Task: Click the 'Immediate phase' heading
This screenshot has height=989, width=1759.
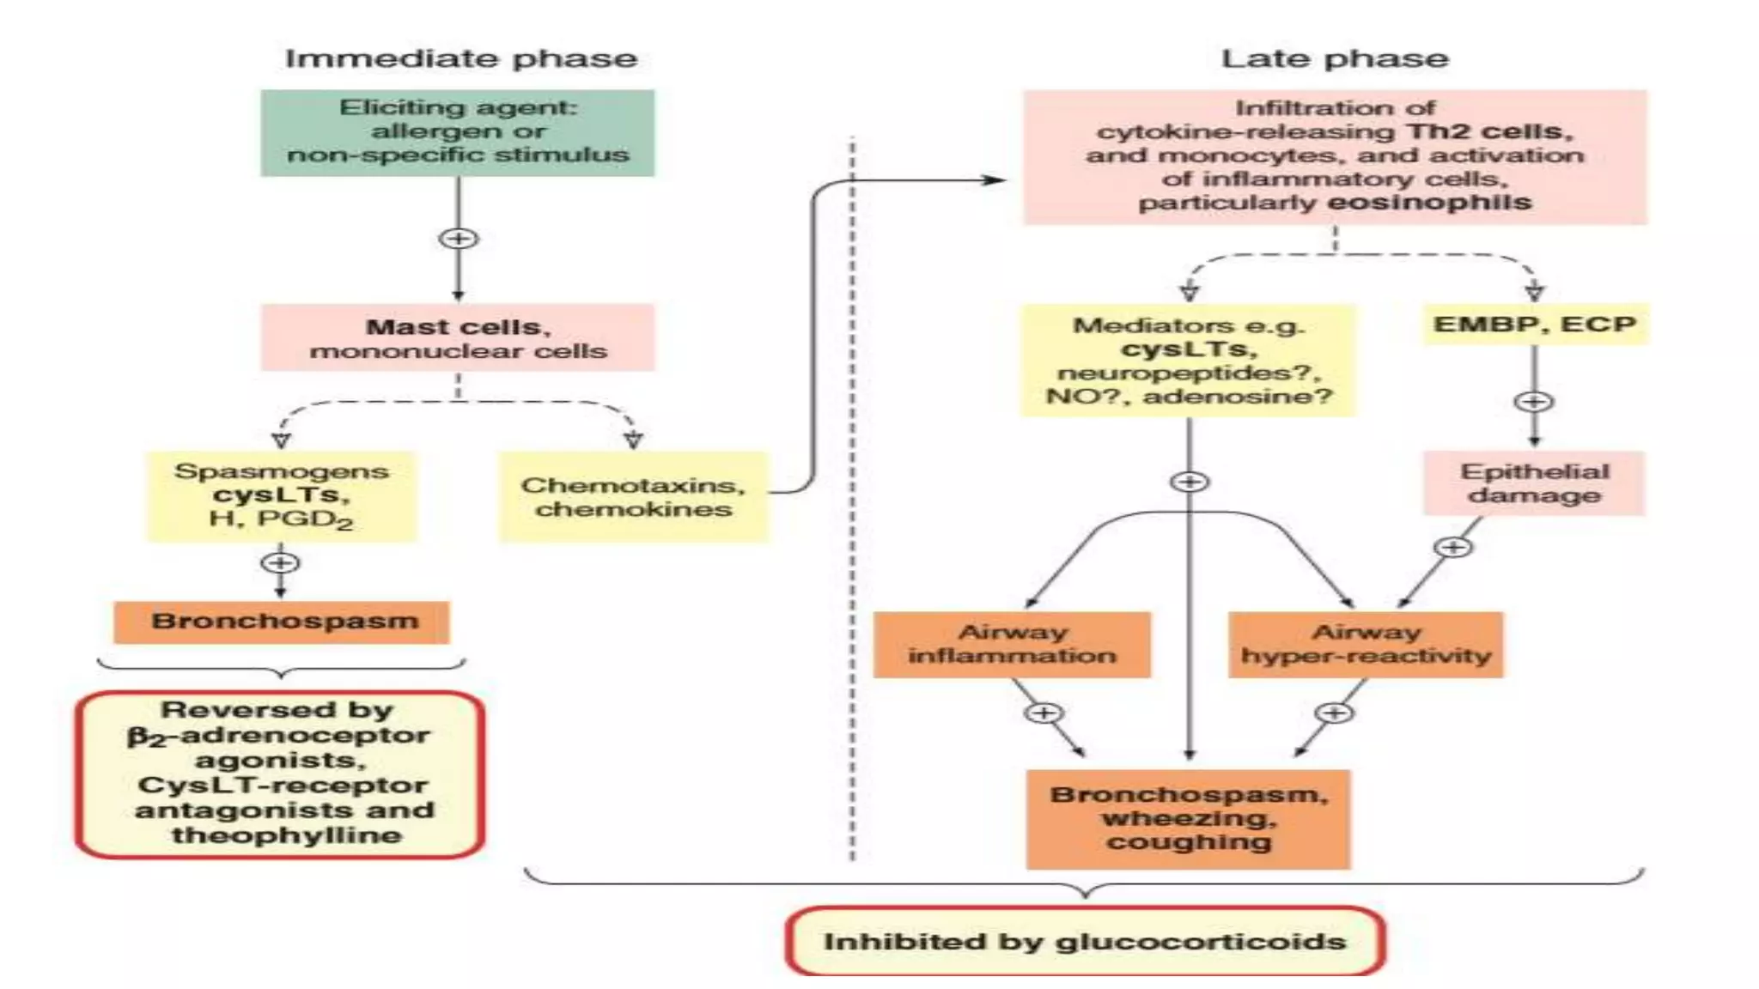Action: (x=461, y=58)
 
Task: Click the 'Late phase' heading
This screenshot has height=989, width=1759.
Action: (x=1334, y=58)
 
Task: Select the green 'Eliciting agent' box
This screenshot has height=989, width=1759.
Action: (x=458, y=133)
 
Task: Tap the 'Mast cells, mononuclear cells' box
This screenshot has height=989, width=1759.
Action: (x=458, y=338)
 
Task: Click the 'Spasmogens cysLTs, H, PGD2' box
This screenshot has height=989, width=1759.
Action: (x=282, y=496)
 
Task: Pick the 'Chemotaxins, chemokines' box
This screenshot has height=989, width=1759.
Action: (x=633, y=497)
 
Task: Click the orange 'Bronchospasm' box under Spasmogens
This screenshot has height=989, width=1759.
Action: (x=282, y=622)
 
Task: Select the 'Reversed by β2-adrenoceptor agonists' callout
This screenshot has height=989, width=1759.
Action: (x=281, y=773)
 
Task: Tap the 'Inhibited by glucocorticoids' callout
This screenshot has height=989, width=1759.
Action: (x=1085, y=941)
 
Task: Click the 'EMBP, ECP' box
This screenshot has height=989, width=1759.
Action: (x=1535, y=325)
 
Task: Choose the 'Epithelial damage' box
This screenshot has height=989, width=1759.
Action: (x=1534, y=483)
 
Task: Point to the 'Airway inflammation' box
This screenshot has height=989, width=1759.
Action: (x=1012, y=644)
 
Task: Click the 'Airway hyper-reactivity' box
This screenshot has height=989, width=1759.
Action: (x=1366, y=644)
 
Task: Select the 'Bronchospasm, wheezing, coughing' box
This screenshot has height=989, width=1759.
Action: (x=1189, y=818)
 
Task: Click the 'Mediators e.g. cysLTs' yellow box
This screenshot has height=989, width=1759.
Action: (x=1188, y=361)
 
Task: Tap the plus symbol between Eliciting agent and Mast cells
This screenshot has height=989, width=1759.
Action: (x=458, y=239)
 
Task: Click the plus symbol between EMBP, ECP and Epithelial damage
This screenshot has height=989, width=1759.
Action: (x=1534, y=401)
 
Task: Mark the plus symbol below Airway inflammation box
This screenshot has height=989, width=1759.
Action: (x=1044, y=713)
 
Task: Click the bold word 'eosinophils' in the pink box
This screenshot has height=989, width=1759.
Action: (x=1430, y=203)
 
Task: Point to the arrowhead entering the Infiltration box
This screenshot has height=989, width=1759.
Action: (x=996, y=180)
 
